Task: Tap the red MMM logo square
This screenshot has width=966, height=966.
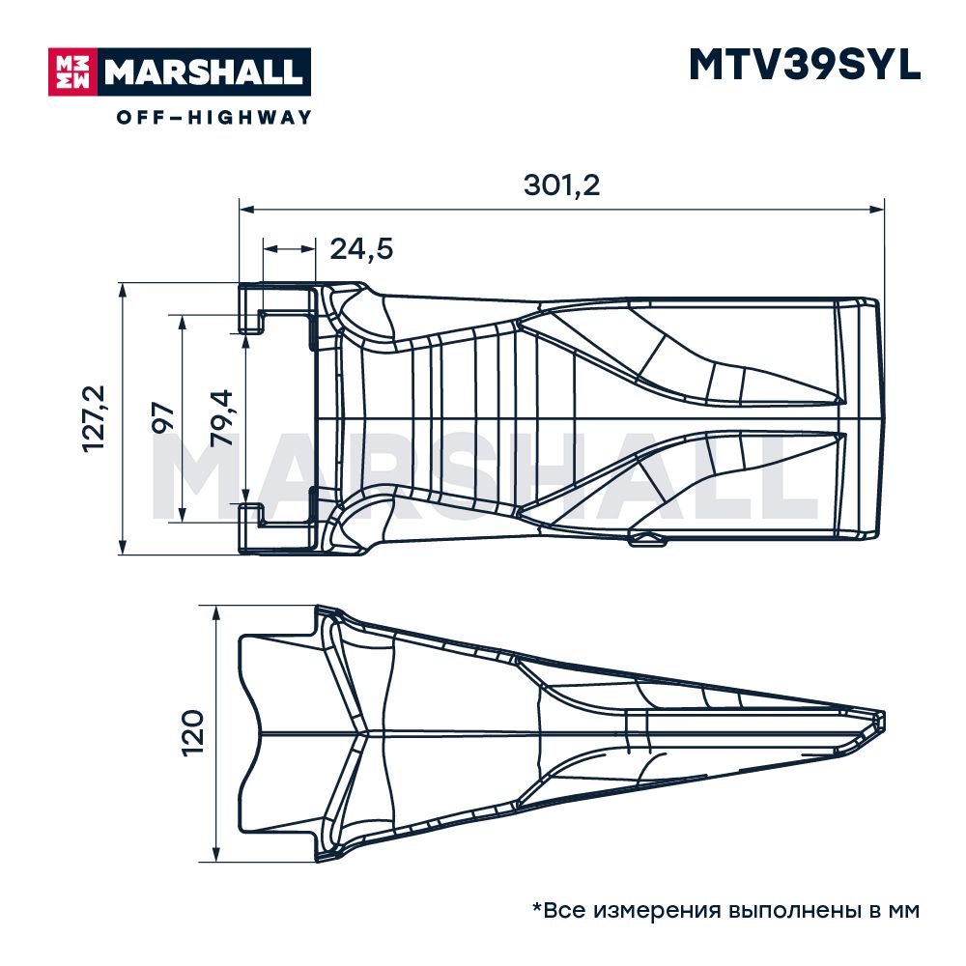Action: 72,72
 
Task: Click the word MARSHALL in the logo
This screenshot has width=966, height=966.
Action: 204,72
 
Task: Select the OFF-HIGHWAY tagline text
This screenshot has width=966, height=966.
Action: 213,117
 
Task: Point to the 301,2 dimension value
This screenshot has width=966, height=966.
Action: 561,185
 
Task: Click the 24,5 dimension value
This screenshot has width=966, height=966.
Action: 361,249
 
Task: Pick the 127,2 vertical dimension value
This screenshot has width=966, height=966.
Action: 95,419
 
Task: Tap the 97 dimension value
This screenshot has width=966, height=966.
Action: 163,417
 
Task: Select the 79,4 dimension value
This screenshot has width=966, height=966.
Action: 222,417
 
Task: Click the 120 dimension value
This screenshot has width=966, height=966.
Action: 192,732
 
